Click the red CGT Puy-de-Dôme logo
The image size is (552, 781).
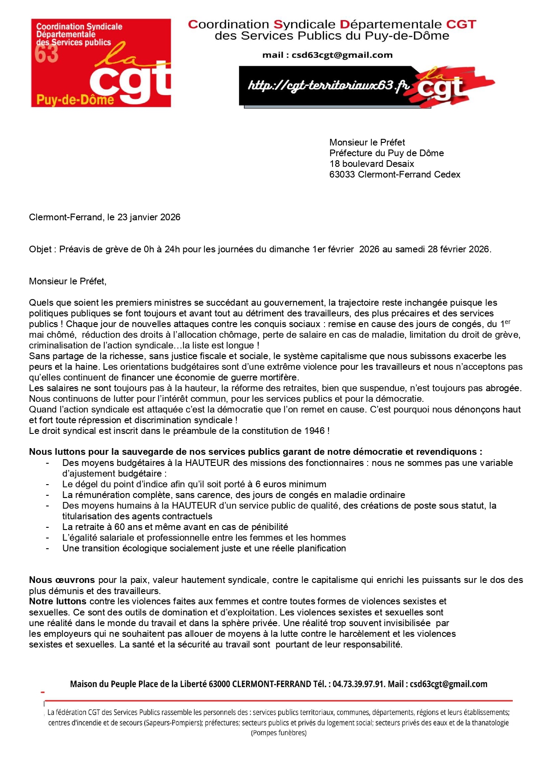tap(101, 63)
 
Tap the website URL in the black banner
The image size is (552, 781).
tap(329, 85)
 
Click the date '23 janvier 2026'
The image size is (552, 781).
tap(149, 217)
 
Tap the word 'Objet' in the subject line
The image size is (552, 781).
tap(40, 249)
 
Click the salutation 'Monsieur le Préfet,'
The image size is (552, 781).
tap(68, 281)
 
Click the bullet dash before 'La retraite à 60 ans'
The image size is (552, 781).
tap(48, 527)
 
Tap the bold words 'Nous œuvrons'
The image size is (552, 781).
tap(62, 580)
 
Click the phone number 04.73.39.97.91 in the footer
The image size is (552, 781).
tap(358, 684)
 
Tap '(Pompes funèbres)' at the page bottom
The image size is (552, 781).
tap(279, 733)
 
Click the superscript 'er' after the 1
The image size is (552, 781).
tap(507, 322)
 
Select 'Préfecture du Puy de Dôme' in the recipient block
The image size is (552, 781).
tap(386, 153)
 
